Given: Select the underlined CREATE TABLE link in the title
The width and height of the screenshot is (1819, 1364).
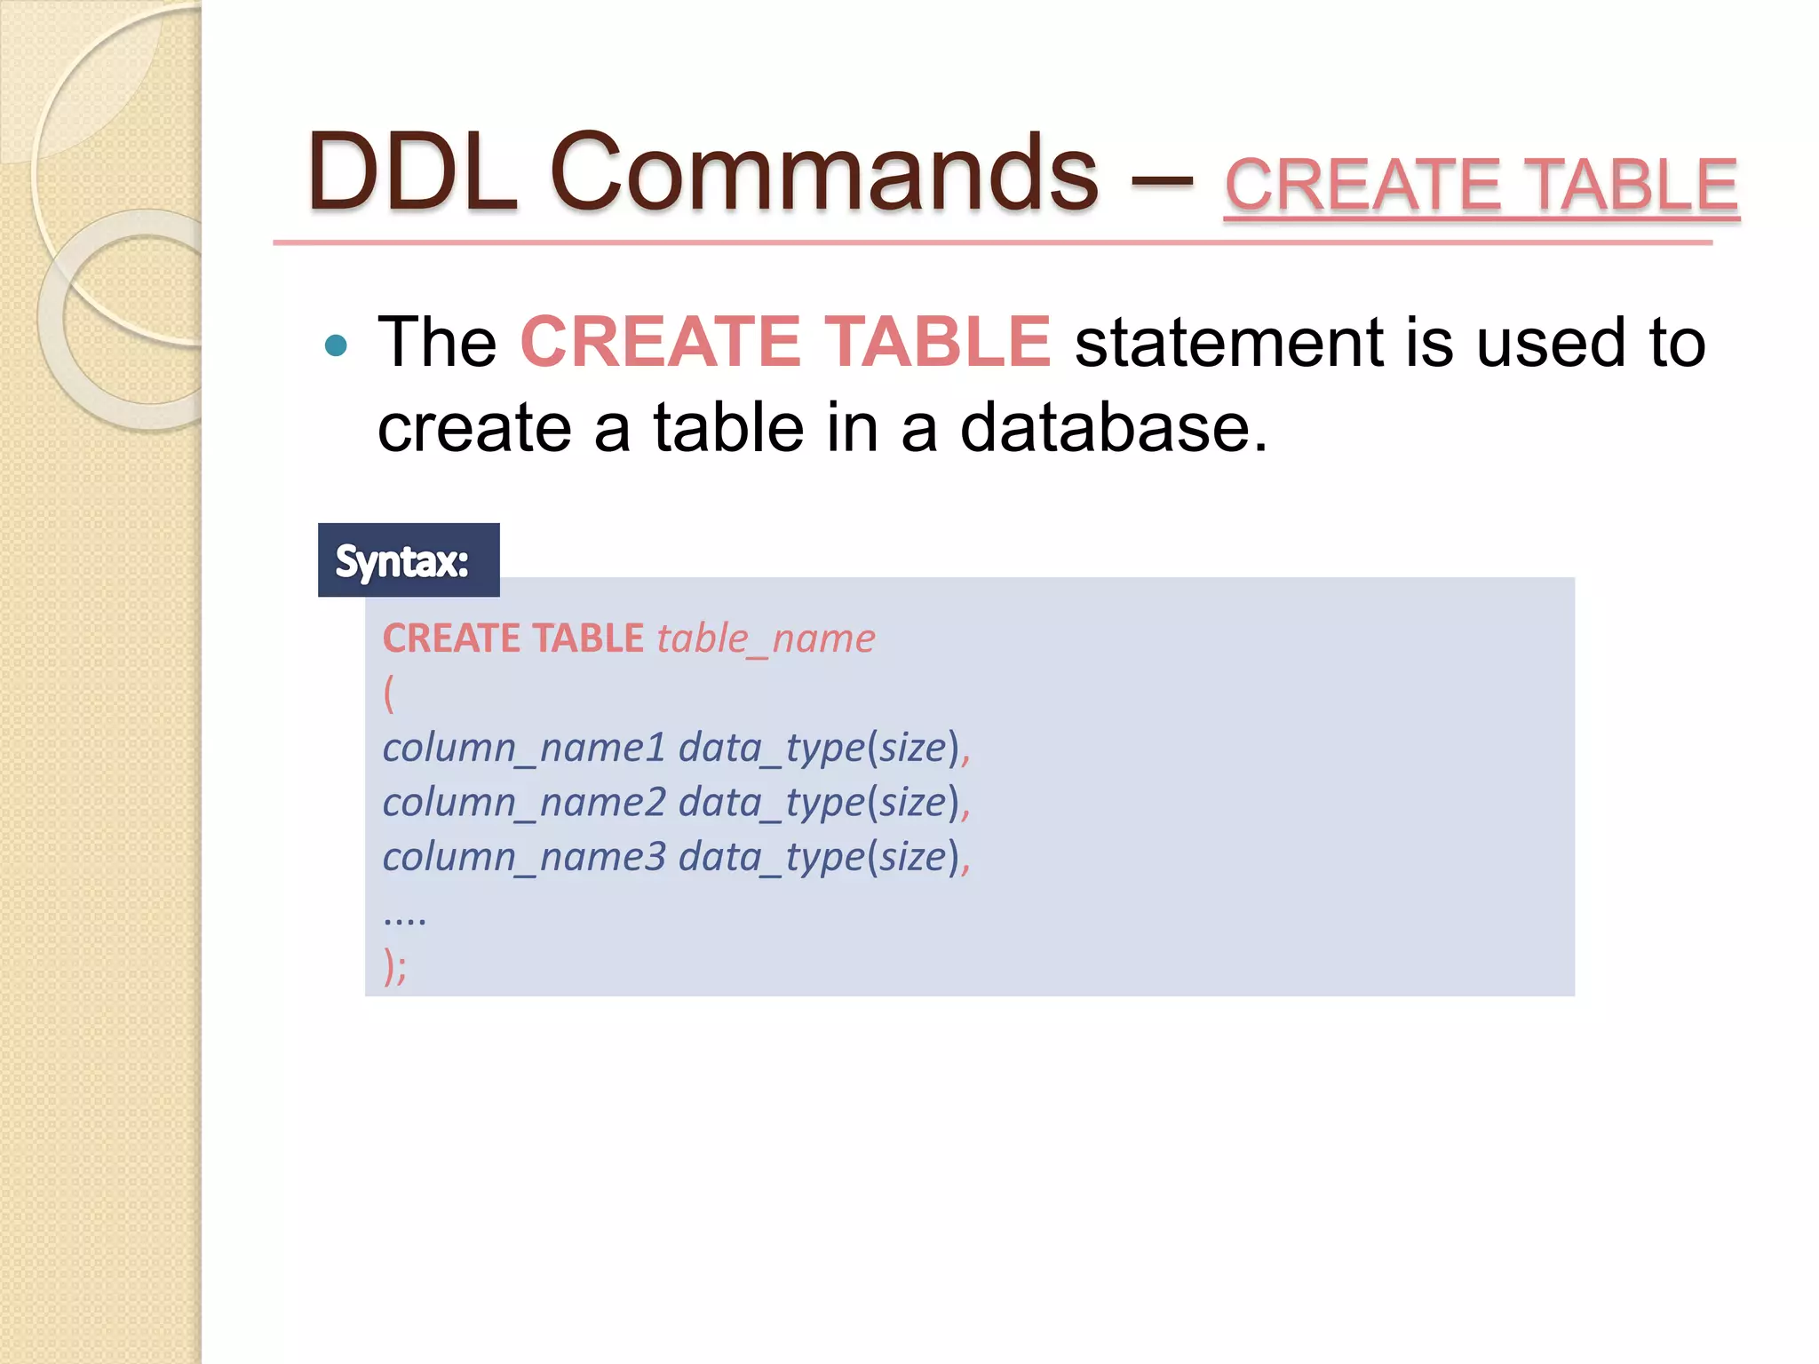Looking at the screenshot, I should coord(1481,185).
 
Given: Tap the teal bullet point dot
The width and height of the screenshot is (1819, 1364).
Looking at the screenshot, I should coord(336,345).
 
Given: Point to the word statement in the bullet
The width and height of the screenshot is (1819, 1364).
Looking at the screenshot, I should coord(1229,343).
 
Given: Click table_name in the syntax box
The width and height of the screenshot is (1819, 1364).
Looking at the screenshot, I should coord(766,638).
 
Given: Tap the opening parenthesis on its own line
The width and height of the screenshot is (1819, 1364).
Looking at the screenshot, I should coord(389,693).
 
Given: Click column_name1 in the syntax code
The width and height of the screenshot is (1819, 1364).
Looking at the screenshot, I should coord(524,748).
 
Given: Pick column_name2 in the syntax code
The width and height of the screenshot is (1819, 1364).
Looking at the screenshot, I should coord(524,803).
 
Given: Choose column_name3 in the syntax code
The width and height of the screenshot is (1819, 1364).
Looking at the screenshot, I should coord(524,857).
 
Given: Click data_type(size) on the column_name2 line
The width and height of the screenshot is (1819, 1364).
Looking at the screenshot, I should coord(819,803).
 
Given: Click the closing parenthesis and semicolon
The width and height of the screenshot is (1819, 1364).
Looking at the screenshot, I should coord(395,965).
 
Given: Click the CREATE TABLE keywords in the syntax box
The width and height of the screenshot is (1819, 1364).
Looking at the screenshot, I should coord(512,638).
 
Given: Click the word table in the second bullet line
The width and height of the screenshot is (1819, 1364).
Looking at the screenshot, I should coord(728,428).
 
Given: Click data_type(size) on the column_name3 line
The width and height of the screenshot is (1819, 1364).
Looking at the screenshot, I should coord(819,857).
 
